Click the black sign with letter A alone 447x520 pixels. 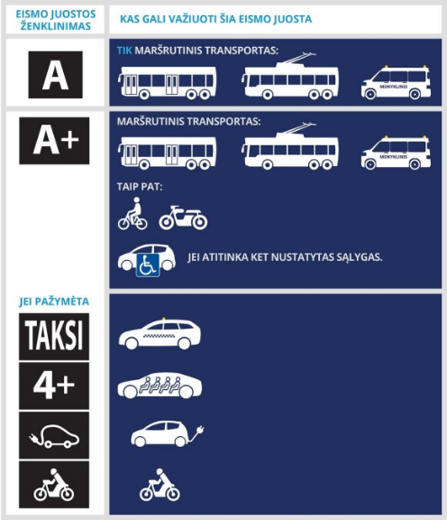pos(55,74)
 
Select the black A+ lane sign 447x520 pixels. pos(55,140)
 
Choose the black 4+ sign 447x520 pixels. pos(55,386)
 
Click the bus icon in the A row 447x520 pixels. pos(168,83)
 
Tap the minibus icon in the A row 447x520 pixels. pos(389,82)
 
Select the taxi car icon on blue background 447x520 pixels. pos(154,337)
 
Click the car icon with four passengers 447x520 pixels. pos(160,386)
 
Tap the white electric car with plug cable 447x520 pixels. pos(163,434)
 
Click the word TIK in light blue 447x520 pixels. pos(124,51)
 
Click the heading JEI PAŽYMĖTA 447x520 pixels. pos(54,301)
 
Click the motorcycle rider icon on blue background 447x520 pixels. pos(160,486)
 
